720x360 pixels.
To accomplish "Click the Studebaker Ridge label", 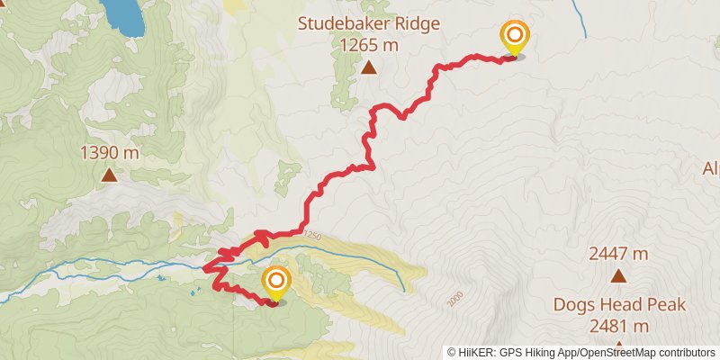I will pyautogui.click(x=369, y=23).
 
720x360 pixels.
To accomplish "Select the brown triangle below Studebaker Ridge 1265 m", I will pyautogui.click(x=369, y=67).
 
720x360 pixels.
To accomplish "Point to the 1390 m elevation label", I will pyautogui.click(x=109, y=153).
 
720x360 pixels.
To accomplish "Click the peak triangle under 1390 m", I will pyautogui.click(x=109, y=175).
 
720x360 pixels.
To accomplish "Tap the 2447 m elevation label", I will pyautogui.click(x=618, y=254).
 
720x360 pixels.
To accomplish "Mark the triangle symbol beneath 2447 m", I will pyautogui.click(x=618, y=275).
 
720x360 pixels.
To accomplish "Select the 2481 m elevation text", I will pyautogui.click(x=618, y=325).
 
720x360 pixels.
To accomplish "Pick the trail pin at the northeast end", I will pyautogui.click(x=514, y=38).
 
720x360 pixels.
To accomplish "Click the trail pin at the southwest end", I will pyautogui.click(x=275, y=283).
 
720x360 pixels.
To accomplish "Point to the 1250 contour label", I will pyautogui.click(x=311, y=236).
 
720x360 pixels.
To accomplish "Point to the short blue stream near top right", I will pyautogui.click(x=580, y=20).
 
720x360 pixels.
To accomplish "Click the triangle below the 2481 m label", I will pyautogui.click(x=618, y=346).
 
